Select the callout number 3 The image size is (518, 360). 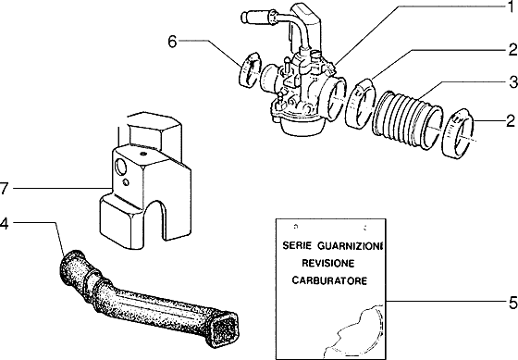(x=510, y=81)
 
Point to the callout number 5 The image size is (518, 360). (x=510, y=301)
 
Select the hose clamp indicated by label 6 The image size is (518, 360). (x=248, y=71)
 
